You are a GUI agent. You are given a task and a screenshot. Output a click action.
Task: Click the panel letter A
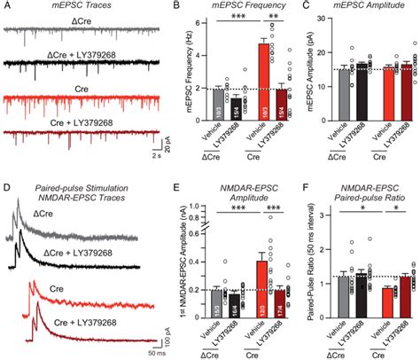click(5, 7)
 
